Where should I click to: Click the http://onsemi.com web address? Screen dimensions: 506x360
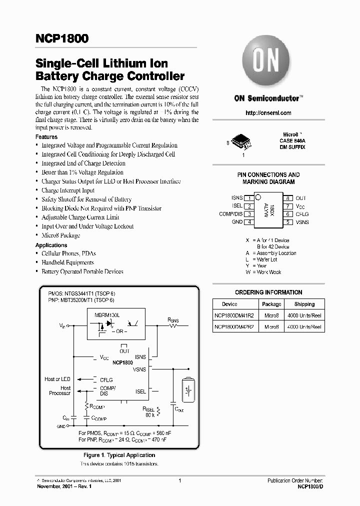click(268, 113)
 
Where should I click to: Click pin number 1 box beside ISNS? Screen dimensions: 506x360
click(249, 198)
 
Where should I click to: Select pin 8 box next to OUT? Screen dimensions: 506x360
click(288, 198)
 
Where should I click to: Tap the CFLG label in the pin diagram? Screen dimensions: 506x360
click(302, 214)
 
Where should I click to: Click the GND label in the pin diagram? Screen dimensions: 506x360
click(237, 222)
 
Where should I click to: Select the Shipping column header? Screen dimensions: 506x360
click(304, 304)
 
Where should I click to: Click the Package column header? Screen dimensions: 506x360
click(271, 304)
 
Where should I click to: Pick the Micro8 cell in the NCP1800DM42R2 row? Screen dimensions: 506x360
click(271, 327)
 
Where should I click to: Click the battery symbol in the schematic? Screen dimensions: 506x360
click(188, 388)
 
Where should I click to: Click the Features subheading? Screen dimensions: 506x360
click(46, 137)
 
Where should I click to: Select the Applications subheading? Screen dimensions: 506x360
click(51, 245)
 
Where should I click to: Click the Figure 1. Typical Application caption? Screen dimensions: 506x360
click(119, 455)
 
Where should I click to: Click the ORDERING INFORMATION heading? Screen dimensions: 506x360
click(268, 292)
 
